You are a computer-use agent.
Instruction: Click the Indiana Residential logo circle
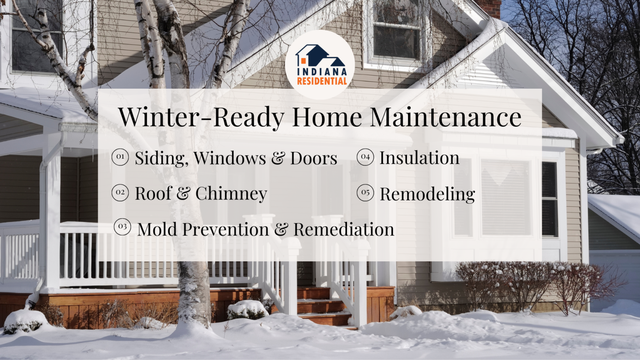tap(320, 64)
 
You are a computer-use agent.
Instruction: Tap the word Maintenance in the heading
tap(445, 117)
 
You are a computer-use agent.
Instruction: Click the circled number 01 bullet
tap(120, 157)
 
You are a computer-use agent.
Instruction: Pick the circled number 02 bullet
tap(120, 192)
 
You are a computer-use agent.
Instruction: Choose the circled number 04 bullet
tap(365, 157)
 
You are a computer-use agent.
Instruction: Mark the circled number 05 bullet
tap(365, 192)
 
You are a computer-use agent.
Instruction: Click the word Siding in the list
tap(161, 158)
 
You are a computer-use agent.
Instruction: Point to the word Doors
tap(313, 158)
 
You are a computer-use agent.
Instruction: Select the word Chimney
tap(231, 194)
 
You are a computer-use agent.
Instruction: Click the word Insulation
tap(419, 158)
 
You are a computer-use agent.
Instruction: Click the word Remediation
tap(343, 230)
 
